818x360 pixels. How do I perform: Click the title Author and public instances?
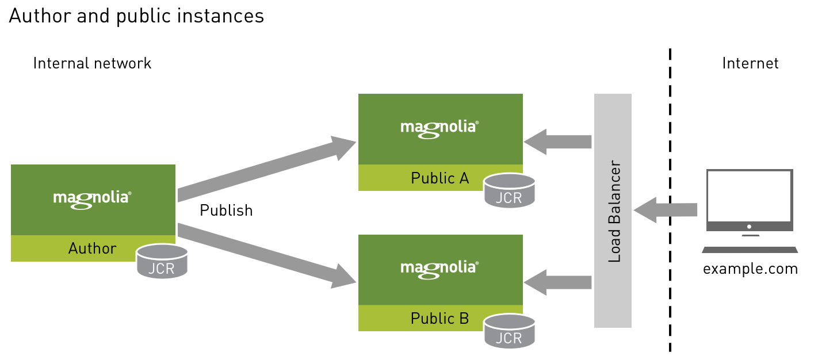coord(136,16)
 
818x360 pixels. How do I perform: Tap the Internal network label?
coord(92,63)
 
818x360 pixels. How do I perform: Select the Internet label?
coord(750,63)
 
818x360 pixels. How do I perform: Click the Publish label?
coord(226,211)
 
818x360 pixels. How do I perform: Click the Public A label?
coord(439,178)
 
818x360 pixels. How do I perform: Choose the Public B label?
coord(439,318)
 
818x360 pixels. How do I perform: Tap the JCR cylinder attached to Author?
coord(162,262)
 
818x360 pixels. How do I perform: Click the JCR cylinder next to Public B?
coord(510,331)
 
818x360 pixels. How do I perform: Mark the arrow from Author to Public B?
coord(265,256)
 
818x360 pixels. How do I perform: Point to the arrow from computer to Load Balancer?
coord(666,210)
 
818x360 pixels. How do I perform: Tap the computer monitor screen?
coord(750,197)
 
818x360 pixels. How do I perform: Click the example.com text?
coord(750,269)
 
